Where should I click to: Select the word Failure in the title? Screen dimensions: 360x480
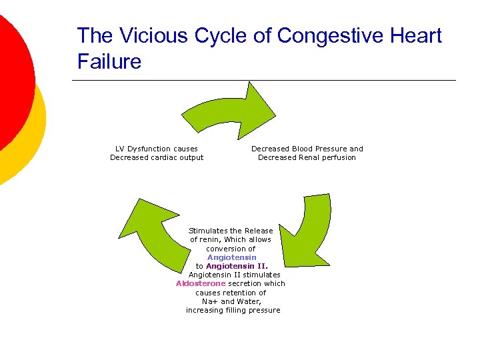(x=109, y=61)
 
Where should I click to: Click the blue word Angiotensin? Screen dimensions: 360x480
(x=231, y=257)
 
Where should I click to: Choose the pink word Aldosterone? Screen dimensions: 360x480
(x=201, y=283)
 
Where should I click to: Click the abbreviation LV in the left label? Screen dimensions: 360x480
(x=120, y=149)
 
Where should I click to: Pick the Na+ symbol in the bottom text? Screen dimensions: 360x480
(x=210, y=301)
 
